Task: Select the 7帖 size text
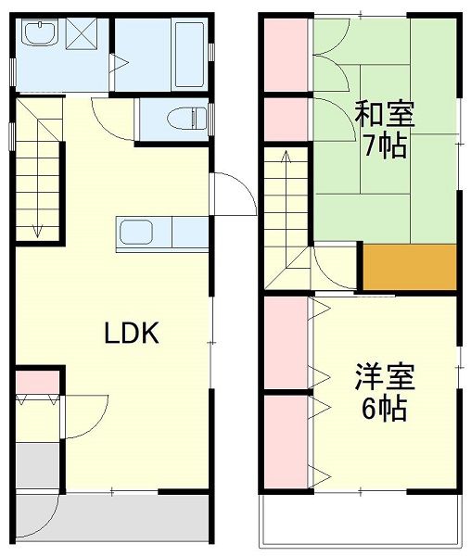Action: pyautogui.click(x=385, y=146)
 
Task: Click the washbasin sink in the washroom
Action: pyautogui.click(x=39, y=36)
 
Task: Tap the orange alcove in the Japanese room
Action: pyautogui.click(x=410, y=266)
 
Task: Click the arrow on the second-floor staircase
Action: pyautogui.click(x=285, y=162)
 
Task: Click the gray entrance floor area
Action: pyautogui.click(x=37, y=467)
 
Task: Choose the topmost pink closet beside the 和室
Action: pyautogui.click(x=285, y=53)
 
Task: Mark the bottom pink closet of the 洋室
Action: pyautogui.click(x=285, y=440)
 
